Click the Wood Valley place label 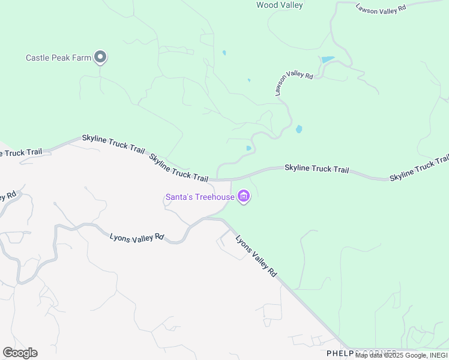coord(279,5)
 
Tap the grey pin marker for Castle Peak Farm coord(100,57)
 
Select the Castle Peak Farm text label coord(58,58)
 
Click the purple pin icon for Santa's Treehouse coord(243,196)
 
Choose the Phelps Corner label coord(361,353)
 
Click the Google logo coord(20,352)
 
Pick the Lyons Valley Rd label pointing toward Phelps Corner coord(256,255)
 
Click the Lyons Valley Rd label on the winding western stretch coord(137,237)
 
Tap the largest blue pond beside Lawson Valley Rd coord(328,60)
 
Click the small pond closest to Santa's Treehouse coord(249,148)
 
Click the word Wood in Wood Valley coord(267,5)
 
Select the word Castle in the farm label coord(37,58)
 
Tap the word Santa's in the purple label coord(179,197)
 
